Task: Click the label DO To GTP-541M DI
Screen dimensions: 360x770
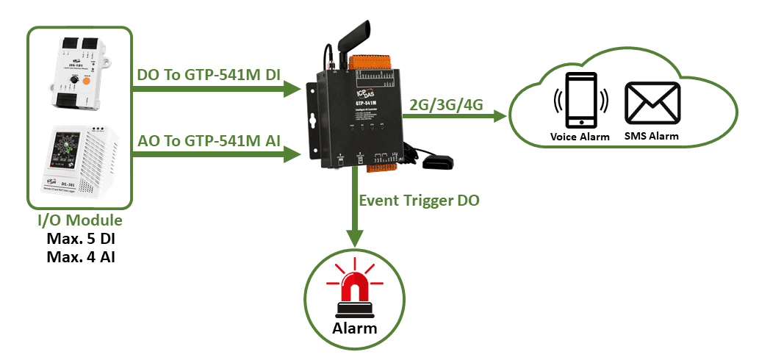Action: pos(209,75)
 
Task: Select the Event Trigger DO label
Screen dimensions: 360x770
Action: pos(419,200)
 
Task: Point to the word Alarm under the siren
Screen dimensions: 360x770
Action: pos(355,326)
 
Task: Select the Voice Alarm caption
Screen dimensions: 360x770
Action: pos(580,137)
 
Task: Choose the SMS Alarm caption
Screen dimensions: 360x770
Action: pos(650,137)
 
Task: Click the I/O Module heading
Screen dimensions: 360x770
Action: pos(80,221)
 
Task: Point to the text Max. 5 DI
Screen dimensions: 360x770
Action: pos(80,240)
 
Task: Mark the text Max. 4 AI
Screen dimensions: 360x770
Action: pos(80,256)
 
